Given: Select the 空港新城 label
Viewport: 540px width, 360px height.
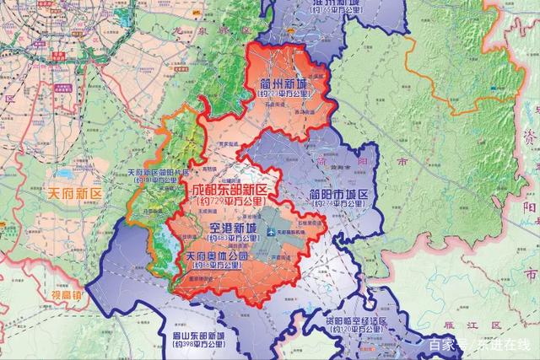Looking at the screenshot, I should (227, 229).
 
